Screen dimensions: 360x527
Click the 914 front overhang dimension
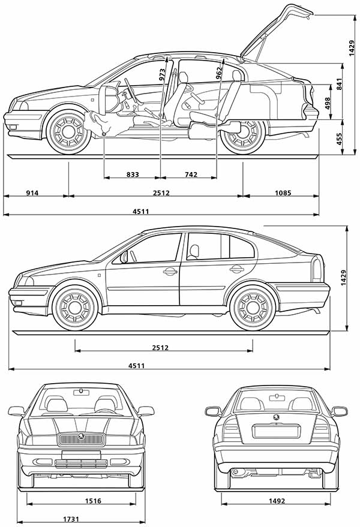(x=32, y=193)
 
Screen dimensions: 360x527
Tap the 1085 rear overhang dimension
(x=283, y=193)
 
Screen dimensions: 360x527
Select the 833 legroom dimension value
(x=133, y=174)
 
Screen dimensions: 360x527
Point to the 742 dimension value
(x=191, y=174)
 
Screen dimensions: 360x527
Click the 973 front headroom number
(x=162, y=75)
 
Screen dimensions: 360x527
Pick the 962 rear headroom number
(x=219, y=73)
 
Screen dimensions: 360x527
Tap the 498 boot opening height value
(x=327, y=103)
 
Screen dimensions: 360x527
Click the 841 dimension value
(x=339, y=84)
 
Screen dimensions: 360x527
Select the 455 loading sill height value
(x=339, y=139)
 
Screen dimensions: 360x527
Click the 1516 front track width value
(x=93, y=501)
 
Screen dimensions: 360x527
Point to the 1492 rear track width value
(x=277, y=501)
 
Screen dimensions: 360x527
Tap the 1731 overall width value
(x=71, y=519)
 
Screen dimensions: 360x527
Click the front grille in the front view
(x=81, y=439)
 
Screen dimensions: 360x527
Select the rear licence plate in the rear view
(x=276, y=430)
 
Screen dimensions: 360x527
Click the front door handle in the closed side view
(x=170, y=271)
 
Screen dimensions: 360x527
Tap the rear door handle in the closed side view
(x=236, y=268)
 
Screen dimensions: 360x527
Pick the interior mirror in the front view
(x=81, y=392)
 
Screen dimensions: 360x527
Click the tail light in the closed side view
(x=317, y=269)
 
